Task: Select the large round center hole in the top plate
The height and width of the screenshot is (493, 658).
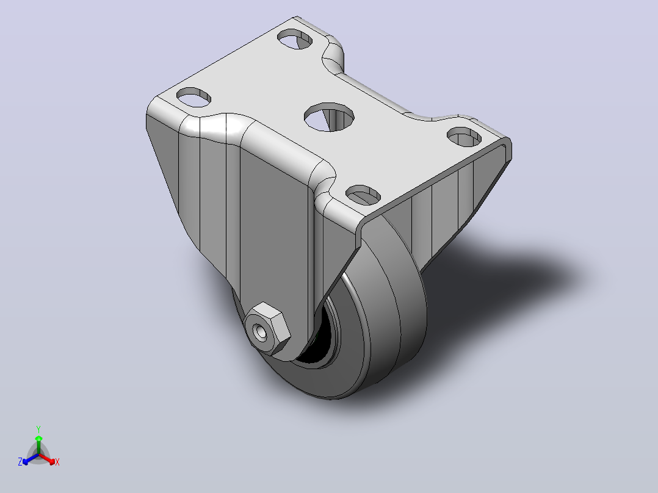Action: pos(329,117)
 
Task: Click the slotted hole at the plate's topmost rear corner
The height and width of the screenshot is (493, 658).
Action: pos(295,39)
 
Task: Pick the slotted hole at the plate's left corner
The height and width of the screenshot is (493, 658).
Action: pos(193,98)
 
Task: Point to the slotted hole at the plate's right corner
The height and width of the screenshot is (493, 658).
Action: pos(464,137)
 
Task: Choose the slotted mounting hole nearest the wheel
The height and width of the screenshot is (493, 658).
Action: pos(363,195)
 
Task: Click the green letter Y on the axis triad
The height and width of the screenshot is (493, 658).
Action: pos(38,429)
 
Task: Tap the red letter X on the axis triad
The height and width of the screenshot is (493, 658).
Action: pos(57,462)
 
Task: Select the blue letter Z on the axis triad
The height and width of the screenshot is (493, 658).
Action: pos(20,462)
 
